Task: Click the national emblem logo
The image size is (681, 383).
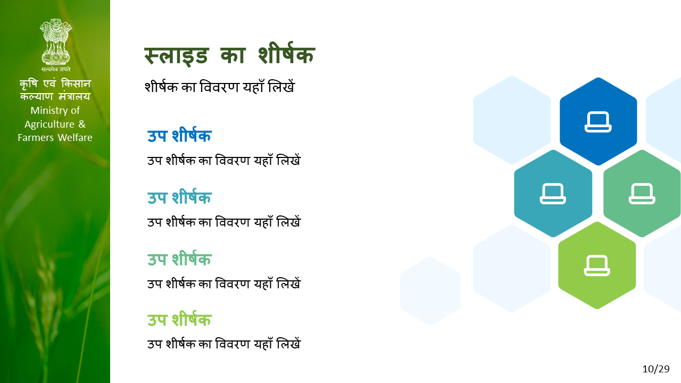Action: pyautogui.click(x=56, y=41)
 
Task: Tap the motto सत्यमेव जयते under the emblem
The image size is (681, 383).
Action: pyautogui.click(x=56, y=69)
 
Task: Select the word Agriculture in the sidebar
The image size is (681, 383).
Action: pyautogui.click(x=49, y=124)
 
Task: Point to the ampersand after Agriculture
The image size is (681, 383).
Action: pyautogui.click(x=82, y=124)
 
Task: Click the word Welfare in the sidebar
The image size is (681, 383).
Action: pyautogui.click(x=75, y=138)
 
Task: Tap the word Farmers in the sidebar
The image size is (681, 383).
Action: pyautogui.click(x=36, y=138)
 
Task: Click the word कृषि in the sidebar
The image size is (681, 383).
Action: pyautogui.click(x=29, y=84)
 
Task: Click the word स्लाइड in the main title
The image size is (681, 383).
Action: pyautogui.click(x=176, y=56)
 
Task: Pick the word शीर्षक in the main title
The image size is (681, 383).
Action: pyautogui.click(x=286, y=54)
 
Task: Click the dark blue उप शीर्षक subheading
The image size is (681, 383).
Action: pyautogui.click(x=179, y=135)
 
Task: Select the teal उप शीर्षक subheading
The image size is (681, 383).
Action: pyautogui.click(x=179, y=197)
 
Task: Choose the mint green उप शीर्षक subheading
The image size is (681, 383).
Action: pyautogui.click(x=179, y=259)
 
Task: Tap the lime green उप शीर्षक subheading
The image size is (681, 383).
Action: pyautogui.click(x=179, y=320)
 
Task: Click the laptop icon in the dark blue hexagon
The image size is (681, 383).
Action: pyautogui.click(x=598, y=122)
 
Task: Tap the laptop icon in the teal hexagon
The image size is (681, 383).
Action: pyautogui.click(x=553, y=194)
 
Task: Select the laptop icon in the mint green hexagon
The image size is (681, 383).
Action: pyautogui.click(x=642, y=194)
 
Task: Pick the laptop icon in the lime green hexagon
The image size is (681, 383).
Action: pyautogui.click(x=597, y=265)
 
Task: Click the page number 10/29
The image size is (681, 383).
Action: pyautogui.click(x=656, y=369)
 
